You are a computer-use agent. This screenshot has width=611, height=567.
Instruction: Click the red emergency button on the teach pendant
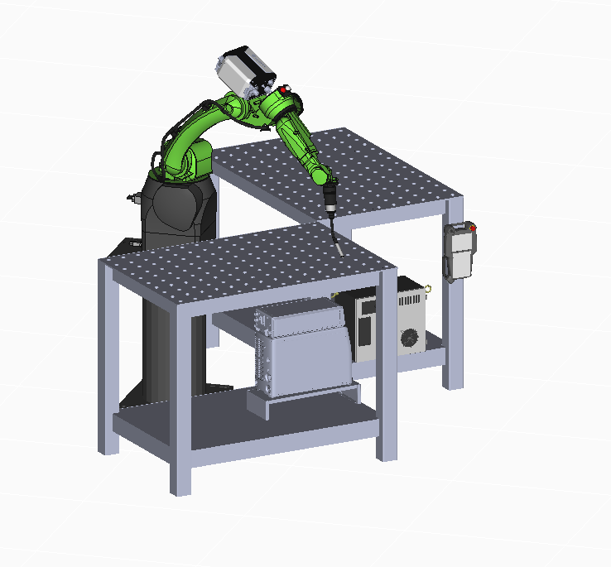(x=473, y=227)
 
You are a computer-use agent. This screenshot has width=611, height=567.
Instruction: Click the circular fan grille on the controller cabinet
(x=410, y=337)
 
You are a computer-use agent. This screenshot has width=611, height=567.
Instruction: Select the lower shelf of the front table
(x=248, y=422)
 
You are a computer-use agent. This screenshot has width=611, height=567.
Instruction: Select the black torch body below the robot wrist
(x=330, y=199)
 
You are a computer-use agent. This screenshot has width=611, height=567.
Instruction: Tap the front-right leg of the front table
(x=387, y=372)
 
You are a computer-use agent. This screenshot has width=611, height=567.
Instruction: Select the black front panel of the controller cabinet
(x=367, y=327)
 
